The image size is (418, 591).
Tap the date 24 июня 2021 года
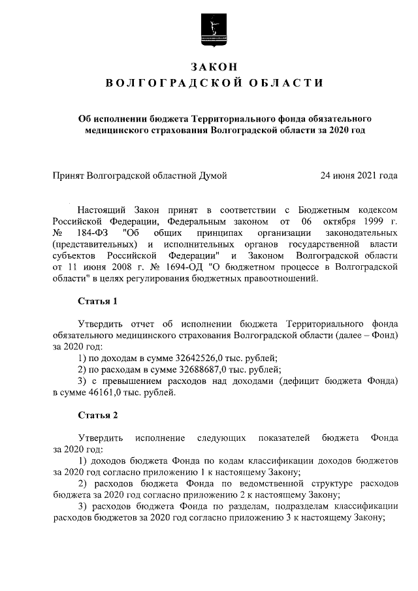pos(359,175)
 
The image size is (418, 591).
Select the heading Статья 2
pos(98,415)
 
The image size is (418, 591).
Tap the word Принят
pos(69,175)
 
